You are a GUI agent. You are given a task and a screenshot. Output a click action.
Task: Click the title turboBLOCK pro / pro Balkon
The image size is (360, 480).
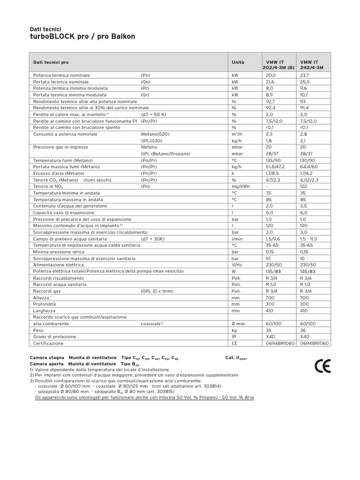coord(82,37)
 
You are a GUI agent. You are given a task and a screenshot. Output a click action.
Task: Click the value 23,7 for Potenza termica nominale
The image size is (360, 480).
coord(305,75)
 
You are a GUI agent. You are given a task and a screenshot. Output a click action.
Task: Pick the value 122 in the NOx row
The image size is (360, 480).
coord(303,187)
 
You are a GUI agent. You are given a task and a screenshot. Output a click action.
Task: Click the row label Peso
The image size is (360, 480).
coord(38,330)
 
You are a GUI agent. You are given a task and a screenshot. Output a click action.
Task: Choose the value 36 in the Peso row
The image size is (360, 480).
coord(303,330)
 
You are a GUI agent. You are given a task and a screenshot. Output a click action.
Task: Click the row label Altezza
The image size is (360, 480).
coord(41,297)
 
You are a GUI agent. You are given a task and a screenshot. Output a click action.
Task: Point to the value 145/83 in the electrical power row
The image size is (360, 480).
coord(307,271)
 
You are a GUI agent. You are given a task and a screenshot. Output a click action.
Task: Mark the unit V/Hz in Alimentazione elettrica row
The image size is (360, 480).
coord(237,265)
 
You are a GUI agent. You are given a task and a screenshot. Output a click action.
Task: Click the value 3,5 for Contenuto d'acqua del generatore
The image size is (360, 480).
coord(303,206)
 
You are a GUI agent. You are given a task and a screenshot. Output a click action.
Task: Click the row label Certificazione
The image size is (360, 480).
coord(48,343)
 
